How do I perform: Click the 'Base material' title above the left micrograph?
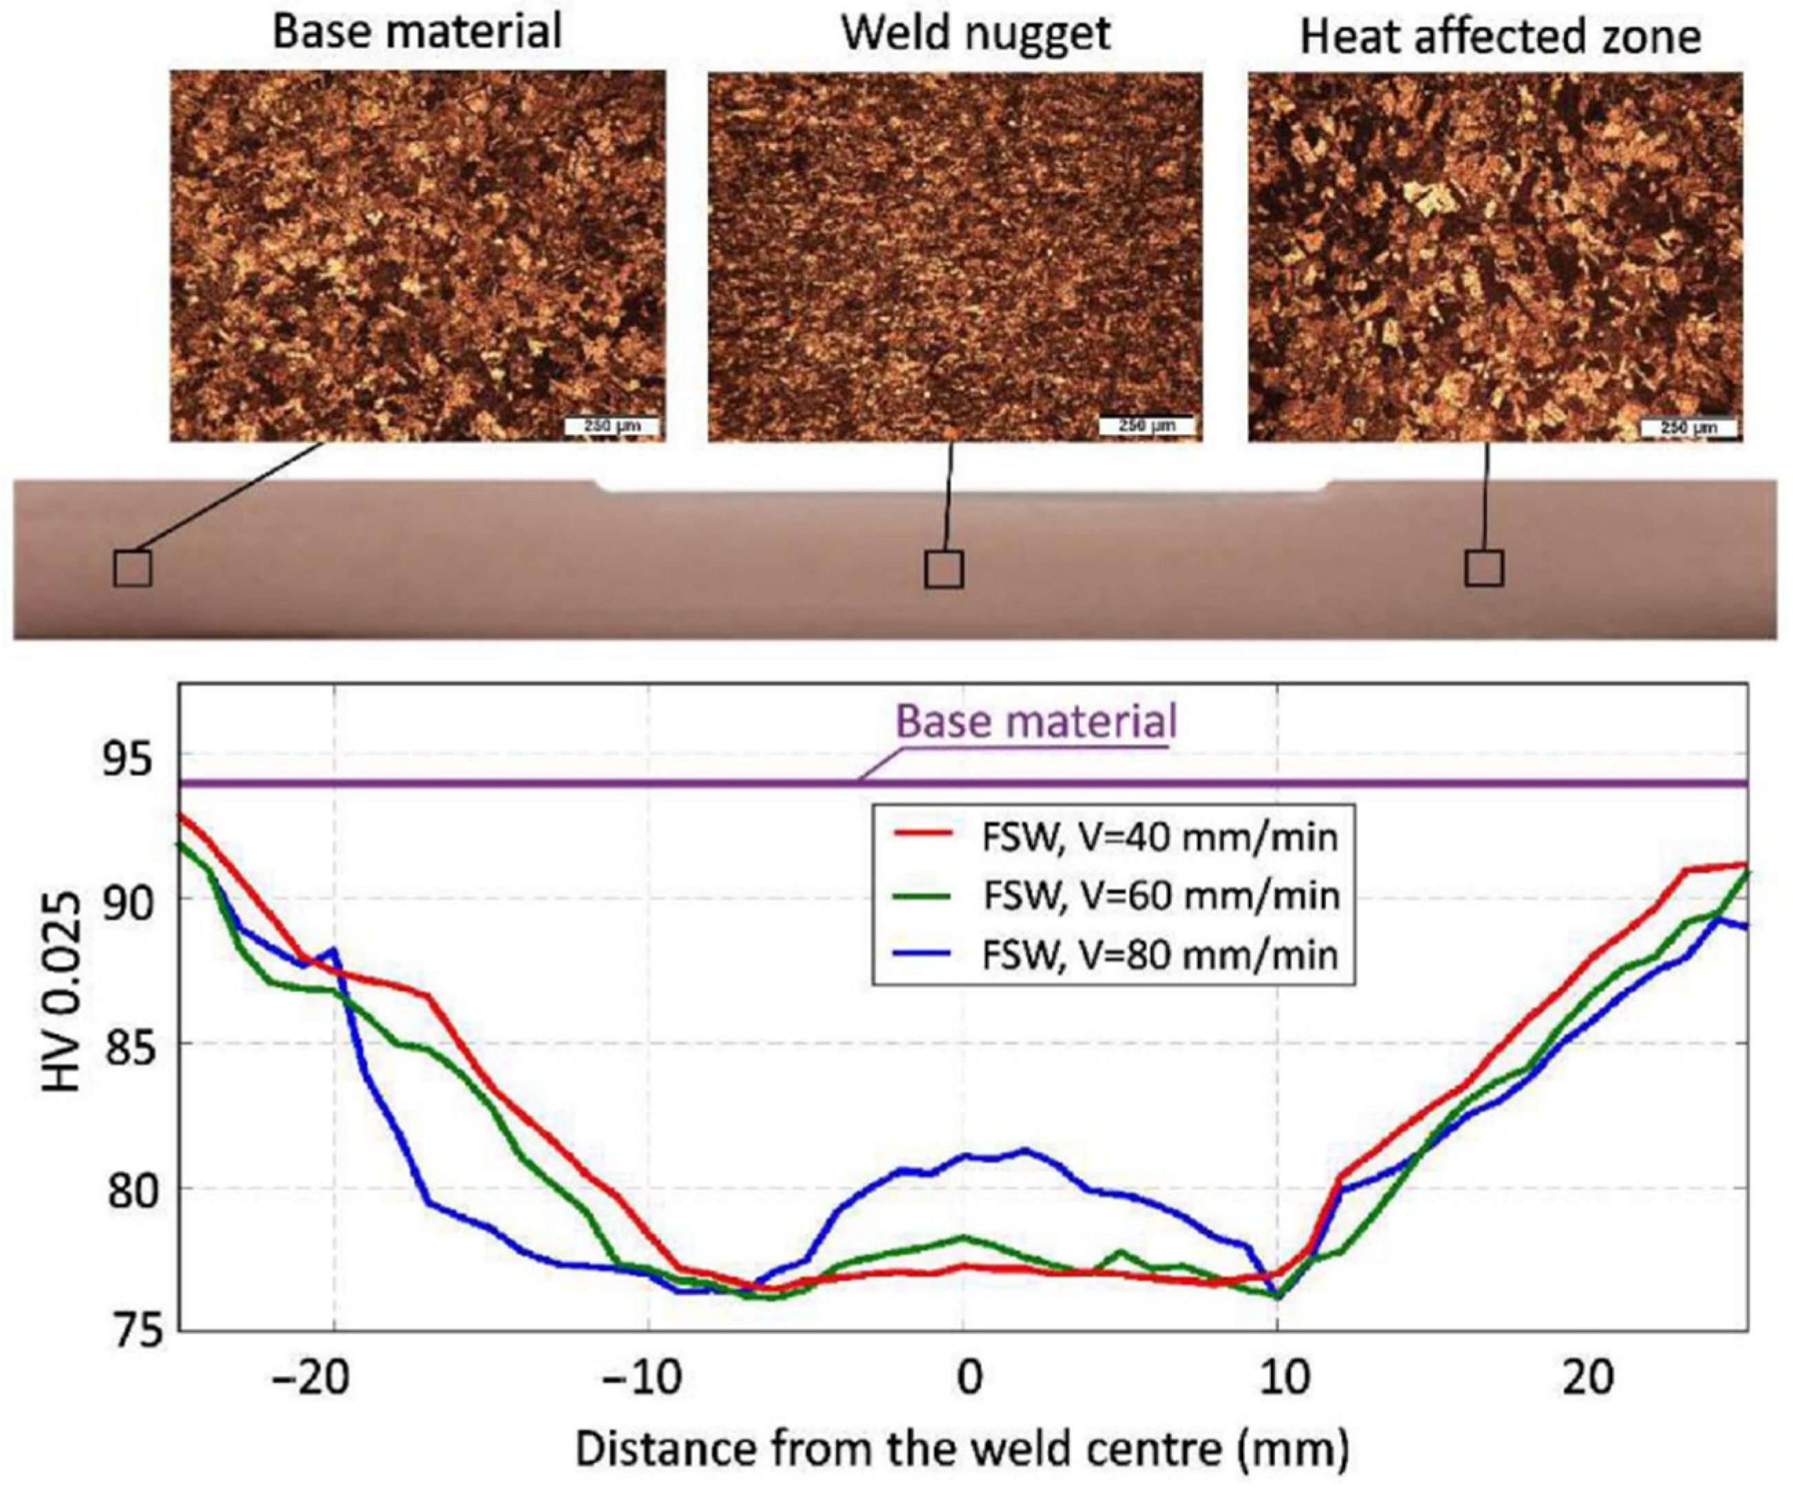[417, 32]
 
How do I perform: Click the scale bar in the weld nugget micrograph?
[1146, 425]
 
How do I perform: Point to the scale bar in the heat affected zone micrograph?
[1688, 427]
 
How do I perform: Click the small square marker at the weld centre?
[943, 568]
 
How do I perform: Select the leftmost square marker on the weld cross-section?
[133, 568]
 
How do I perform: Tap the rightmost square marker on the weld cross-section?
[1484, 568]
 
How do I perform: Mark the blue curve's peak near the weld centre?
[1025, 1149]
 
